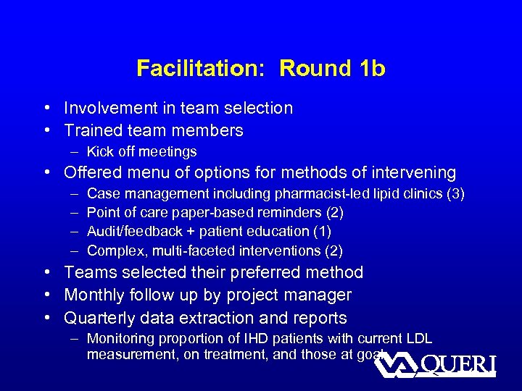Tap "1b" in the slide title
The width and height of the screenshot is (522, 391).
(x=371, y=69)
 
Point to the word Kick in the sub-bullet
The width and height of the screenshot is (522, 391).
(x=99, y=152)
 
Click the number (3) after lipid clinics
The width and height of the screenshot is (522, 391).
(x=455, y=193)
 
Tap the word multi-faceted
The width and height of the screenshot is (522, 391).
(x=183, y=251)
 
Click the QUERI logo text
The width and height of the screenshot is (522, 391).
(x=457, y=364)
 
